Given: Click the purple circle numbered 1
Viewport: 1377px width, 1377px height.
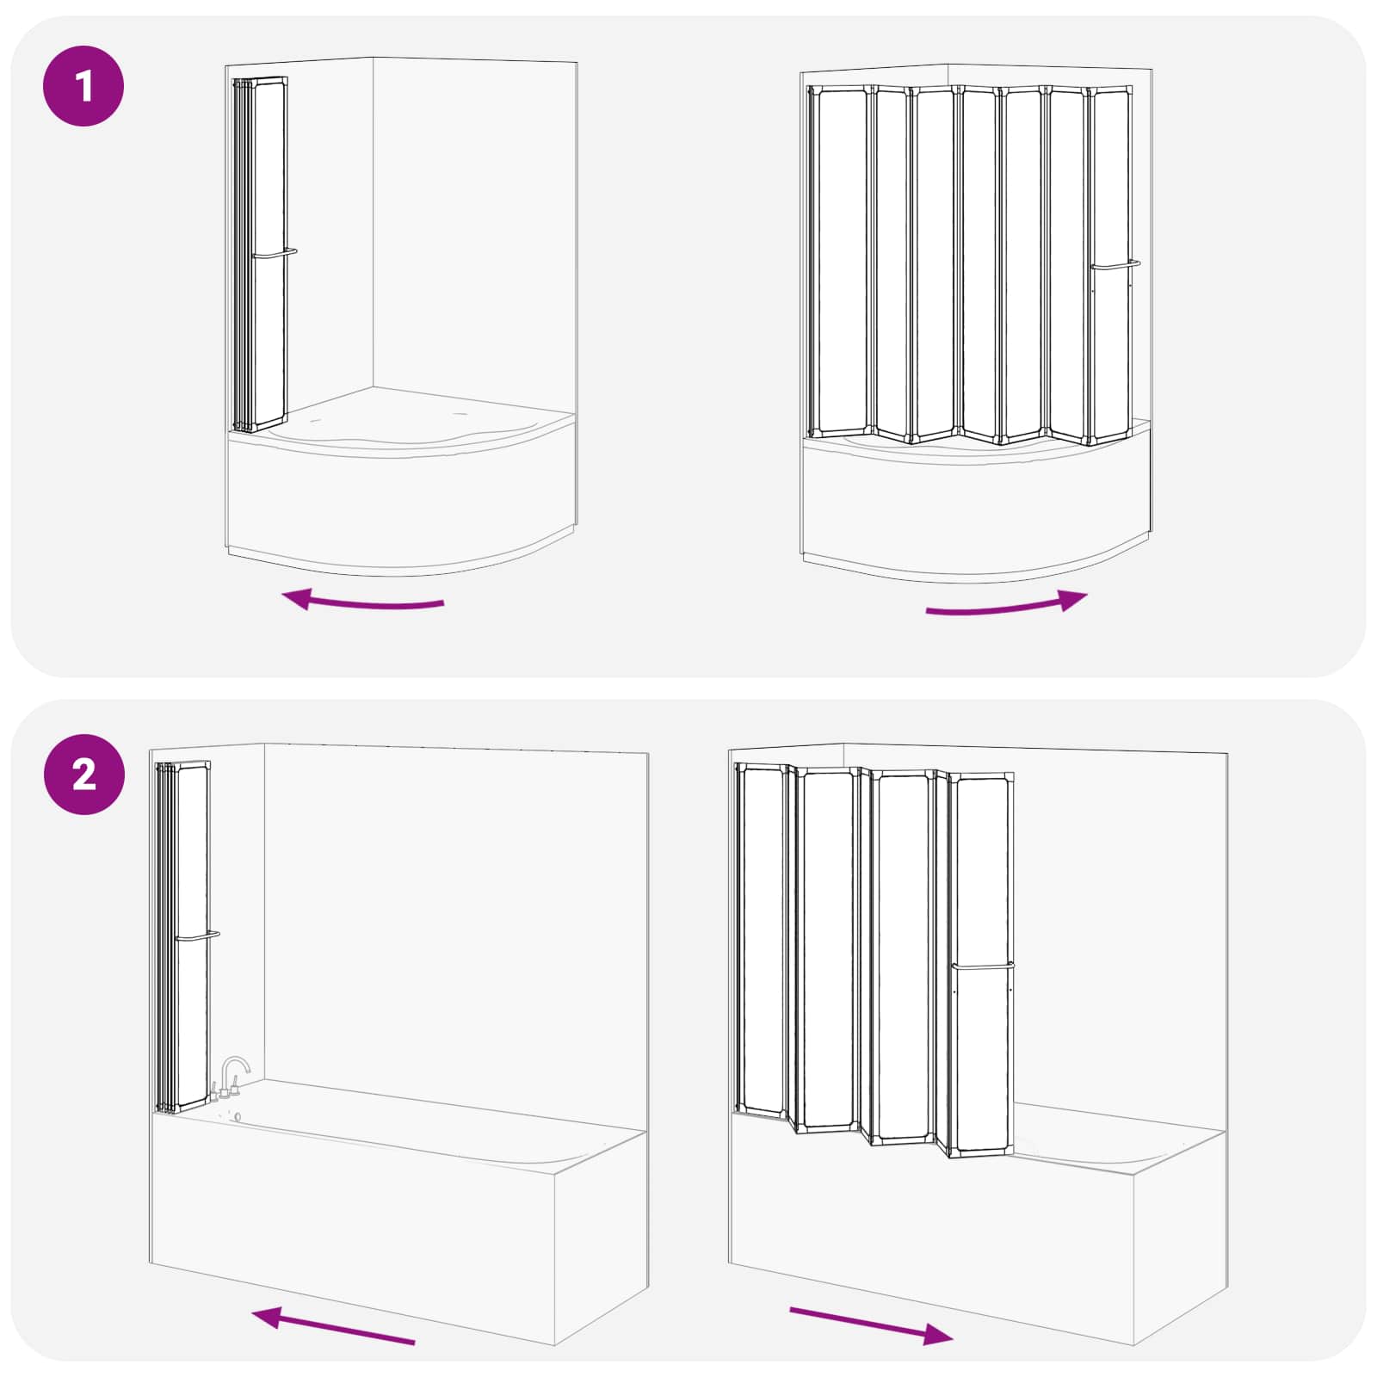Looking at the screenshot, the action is click(x=83, y=86).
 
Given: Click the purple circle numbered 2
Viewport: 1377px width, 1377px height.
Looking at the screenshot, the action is click(x=83, y=775).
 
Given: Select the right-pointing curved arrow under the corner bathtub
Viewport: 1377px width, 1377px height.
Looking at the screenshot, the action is click(x=1007, y=604).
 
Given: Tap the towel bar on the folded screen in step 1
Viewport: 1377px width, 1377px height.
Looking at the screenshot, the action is click(x=275, y=254).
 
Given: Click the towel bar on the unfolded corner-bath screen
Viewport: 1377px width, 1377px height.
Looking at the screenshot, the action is click(x=1115, y=265).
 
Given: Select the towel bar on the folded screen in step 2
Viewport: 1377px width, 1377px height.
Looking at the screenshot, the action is click(x=197, y=935).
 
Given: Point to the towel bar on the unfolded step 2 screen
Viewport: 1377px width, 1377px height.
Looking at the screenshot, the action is click(x=983, y=966).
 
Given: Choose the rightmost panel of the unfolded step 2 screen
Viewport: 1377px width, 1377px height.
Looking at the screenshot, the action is click(x=983, y=966).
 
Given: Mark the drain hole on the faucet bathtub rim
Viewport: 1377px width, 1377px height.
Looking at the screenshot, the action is click(x=238, y=1116).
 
